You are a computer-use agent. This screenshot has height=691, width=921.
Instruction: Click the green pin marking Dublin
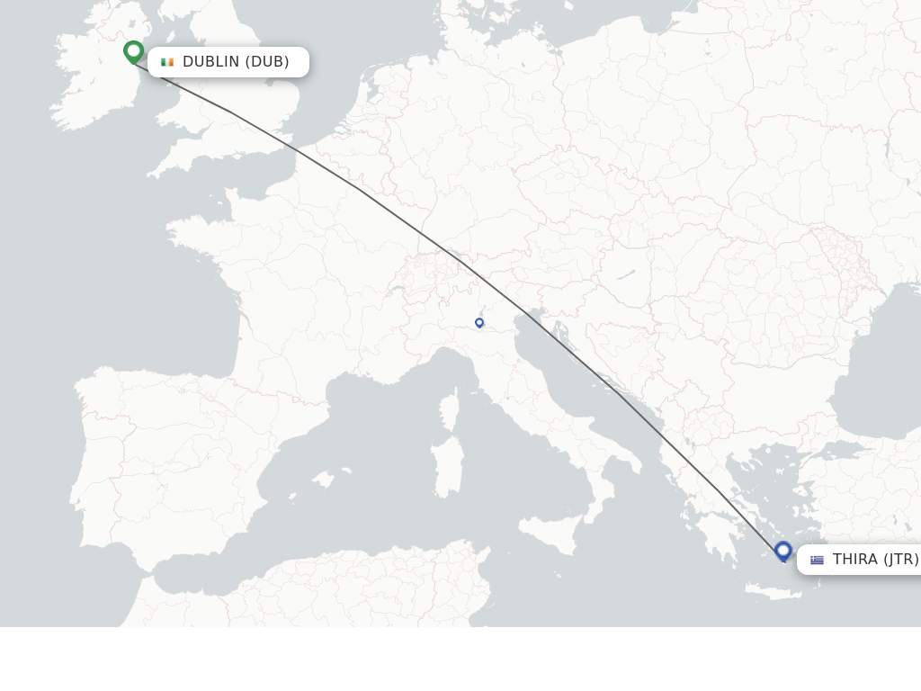[134, 51]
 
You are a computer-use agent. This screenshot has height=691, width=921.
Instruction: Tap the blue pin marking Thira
[783, 550]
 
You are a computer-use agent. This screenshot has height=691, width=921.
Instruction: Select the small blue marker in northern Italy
[479, 322]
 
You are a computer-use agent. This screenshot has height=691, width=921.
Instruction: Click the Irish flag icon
[167, 62]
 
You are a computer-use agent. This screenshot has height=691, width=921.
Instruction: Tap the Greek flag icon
[817, 560]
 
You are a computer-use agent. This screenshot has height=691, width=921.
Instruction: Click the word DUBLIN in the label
[210, 62]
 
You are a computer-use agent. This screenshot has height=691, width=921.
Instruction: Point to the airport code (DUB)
[267, 62]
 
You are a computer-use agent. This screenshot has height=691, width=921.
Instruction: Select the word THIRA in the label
[854, 560]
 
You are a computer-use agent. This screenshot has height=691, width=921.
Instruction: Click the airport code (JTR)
[900, 560]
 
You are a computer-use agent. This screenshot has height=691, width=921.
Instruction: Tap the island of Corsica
[448, 409]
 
